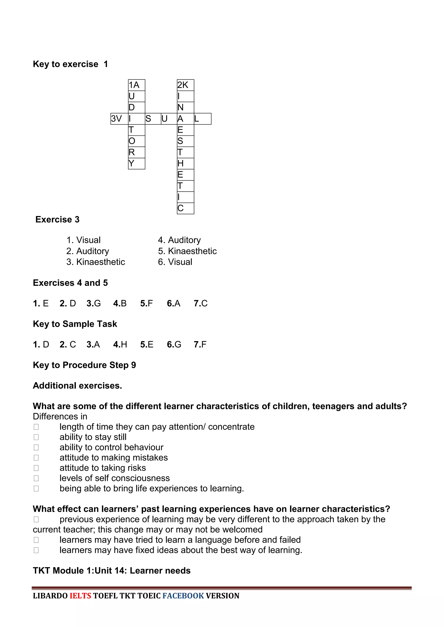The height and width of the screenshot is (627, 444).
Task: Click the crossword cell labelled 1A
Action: point(136,85)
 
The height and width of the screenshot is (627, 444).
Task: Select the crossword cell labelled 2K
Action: point(185,85)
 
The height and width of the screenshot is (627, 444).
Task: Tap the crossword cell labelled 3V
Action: point(119,119)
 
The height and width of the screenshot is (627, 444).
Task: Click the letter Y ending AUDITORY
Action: point(136,163)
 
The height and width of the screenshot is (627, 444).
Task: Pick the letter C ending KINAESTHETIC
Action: point(185,208)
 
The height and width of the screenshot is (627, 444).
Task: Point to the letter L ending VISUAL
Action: point(202,119)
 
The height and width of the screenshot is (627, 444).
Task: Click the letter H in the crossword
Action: point(185,163)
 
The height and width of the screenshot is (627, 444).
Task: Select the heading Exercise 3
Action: point(57,220)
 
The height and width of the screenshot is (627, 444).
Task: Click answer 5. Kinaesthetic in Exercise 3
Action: point(187,251)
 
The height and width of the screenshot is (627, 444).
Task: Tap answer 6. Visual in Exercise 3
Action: point(175,262)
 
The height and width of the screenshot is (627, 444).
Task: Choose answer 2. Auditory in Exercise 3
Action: point(88,251)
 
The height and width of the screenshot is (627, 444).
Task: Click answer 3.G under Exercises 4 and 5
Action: point(93,303)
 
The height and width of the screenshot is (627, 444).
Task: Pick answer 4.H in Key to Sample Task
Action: point(120,344)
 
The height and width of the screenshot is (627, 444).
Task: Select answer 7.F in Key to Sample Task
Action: point(200,344)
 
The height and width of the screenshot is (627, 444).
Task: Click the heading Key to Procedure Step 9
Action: point(85,365)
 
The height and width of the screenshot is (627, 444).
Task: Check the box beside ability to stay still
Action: point(36,437)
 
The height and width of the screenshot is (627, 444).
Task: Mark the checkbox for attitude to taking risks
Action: point(36,468)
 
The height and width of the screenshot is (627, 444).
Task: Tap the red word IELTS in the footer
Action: point(80,596)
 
